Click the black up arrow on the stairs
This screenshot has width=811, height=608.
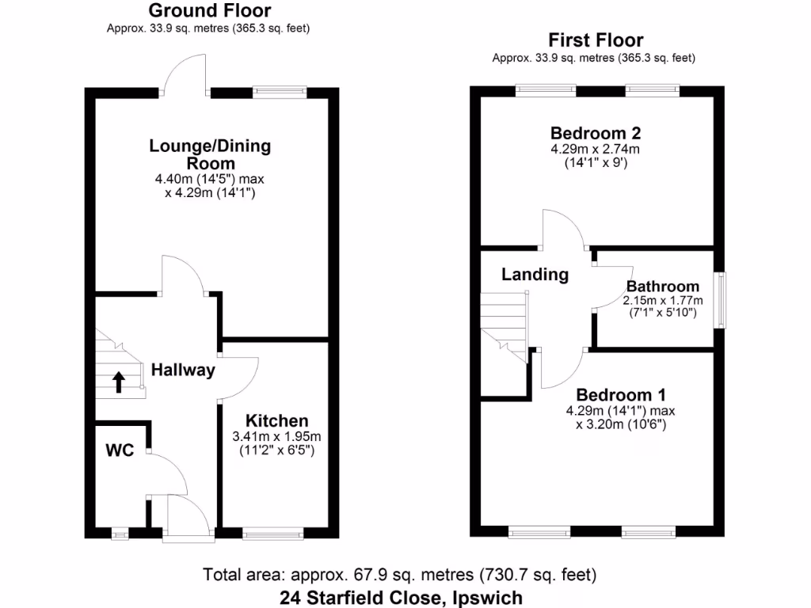[x=119, y=382]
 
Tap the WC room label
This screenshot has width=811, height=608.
[x=120, y=450]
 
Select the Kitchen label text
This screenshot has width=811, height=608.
[x=276, y=420]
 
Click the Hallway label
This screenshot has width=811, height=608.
[x=183, y=370]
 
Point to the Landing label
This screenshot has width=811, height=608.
[x=535, y=275]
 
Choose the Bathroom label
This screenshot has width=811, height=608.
[x=663, y=287]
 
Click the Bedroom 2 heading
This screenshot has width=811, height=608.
[x=596, y=132]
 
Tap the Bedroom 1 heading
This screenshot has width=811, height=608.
[x=621, y=395]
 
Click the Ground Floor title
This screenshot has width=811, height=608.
[x=209, y=10]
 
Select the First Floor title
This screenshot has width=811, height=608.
[x=596, y=40]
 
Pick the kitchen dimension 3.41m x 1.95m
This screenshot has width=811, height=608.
[x=276, y=437]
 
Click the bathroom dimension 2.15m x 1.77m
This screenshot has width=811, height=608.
[x=663, y=301]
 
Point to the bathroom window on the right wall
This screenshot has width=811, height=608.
[x=719, y=300]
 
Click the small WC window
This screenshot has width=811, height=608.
[x=120, y=534]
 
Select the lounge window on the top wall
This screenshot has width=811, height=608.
[x=280, y=92]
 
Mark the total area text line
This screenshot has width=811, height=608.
[x=400, y=574]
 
